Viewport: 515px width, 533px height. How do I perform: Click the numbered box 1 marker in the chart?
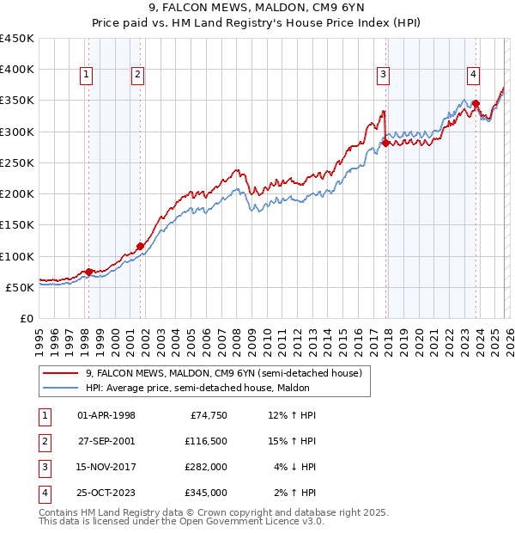(x=87, y=76)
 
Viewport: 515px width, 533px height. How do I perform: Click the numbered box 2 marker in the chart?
(x=137, y=76)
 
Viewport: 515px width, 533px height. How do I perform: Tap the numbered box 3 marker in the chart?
(x=383, y=76)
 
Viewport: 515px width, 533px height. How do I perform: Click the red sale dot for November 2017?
(x=385, y=143)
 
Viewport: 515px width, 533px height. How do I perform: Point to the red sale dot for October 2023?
(x=476, y=104)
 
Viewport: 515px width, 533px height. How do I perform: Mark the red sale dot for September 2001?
(x=141, y=246)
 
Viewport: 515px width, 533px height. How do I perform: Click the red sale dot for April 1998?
(x=88, y=272)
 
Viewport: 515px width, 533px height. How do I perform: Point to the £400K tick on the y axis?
(x=18, y=70)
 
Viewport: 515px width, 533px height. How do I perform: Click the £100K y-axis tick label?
(x=18, y=256)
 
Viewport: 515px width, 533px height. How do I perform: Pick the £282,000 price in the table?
(x=206, y=467)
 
